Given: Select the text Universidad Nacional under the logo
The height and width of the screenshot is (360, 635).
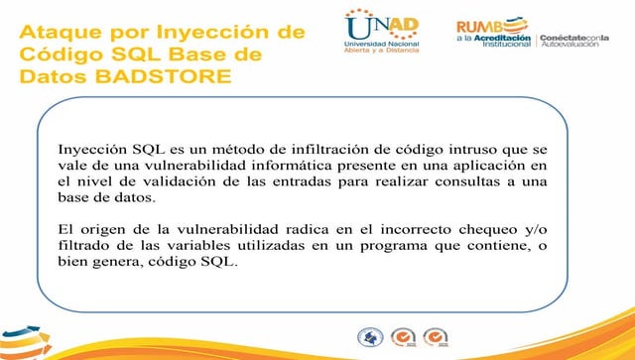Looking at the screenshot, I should click(x=381, y=46).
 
